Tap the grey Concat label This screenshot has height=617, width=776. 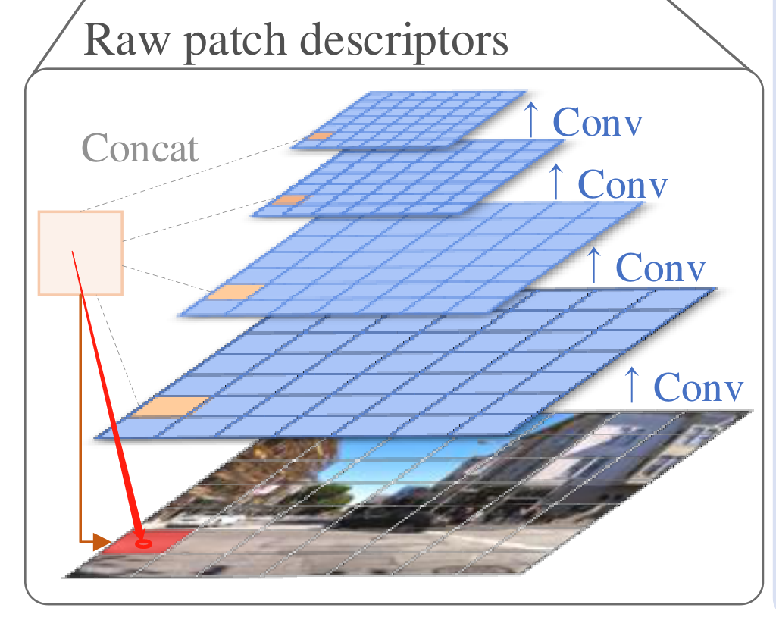tap(140, 148)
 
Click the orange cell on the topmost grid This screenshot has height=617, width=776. tap(321, 137)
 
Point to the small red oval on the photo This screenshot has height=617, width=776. tap(142, 543)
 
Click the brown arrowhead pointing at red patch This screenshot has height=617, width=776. tap(100, 541)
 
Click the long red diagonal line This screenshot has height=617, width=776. tap(106, 394)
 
